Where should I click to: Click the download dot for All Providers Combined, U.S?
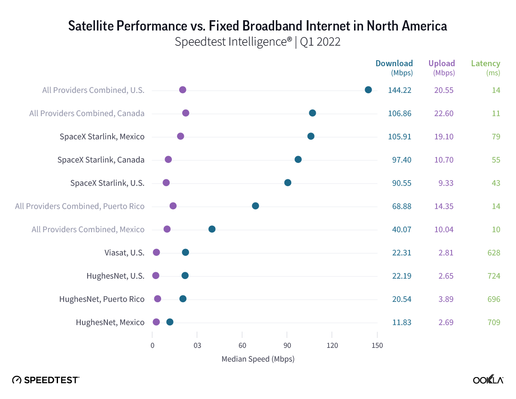[368, 90]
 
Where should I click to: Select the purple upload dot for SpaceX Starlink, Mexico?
[180, 136]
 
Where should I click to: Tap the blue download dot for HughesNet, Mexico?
[170, 322]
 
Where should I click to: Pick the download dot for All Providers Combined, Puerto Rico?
[255, 206]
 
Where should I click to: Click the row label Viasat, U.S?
[124, 252]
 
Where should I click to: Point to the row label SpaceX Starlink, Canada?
[101, 160]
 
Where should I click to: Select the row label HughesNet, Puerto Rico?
[102, 299]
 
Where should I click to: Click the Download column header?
[394, 64]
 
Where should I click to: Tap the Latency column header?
[485, 64]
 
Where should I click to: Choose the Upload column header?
[442, 64]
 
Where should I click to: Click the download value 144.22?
[400, 90]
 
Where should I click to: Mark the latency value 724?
[494, 276]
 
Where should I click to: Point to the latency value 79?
[496, 137]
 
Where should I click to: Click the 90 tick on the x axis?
[287, 345]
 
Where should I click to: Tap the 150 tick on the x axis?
[377, 345]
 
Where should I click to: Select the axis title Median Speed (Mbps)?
[258, 359]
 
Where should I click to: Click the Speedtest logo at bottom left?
[46, 380]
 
